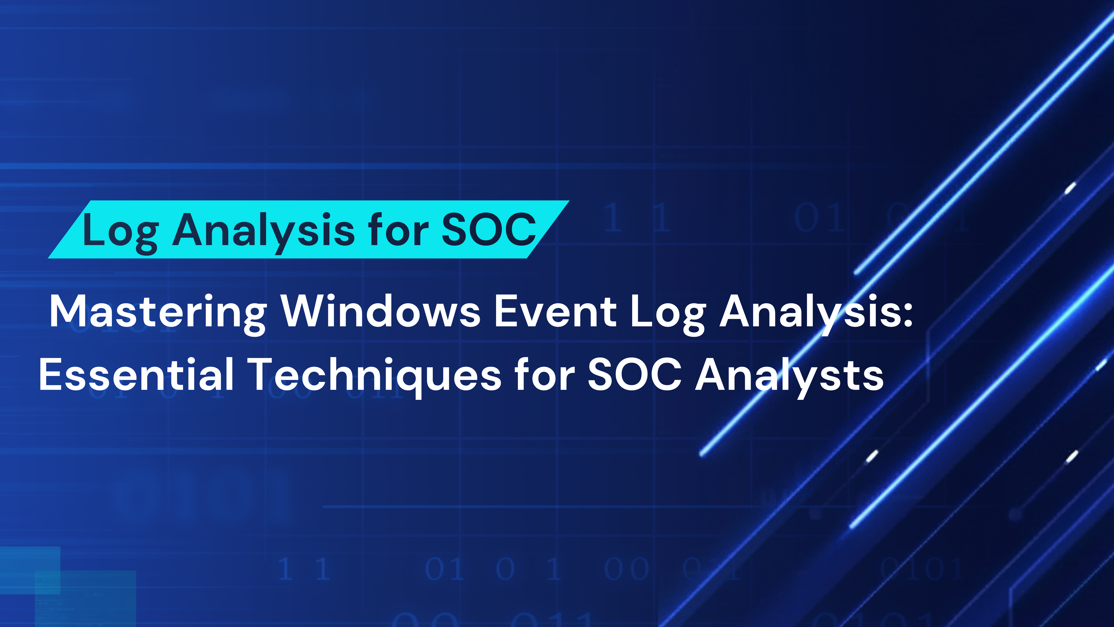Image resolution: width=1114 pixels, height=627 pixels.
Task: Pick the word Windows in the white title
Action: (381, 311)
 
